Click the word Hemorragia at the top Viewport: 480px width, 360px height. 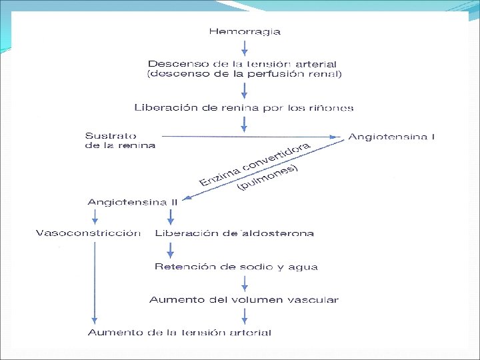(x=245, y=31)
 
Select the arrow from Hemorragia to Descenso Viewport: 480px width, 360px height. (x=245, y=47)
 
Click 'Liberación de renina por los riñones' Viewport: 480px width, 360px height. (x=244, y=107)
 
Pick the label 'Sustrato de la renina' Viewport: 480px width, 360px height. (x=120, y=140)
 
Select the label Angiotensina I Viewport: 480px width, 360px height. (x=391, y=137)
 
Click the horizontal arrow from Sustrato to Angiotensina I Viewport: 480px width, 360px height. (x=253, y=137)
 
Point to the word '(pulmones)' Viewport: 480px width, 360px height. (x=267, y=179)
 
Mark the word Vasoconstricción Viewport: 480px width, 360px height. (x=88, y=233)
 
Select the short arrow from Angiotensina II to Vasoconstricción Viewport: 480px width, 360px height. (x=95, y=217)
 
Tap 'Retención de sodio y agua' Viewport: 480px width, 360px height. (x=236, y=267)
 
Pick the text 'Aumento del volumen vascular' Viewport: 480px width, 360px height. (x=244, y=300)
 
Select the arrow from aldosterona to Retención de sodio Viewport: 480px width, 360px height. (x=171, y=250)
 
